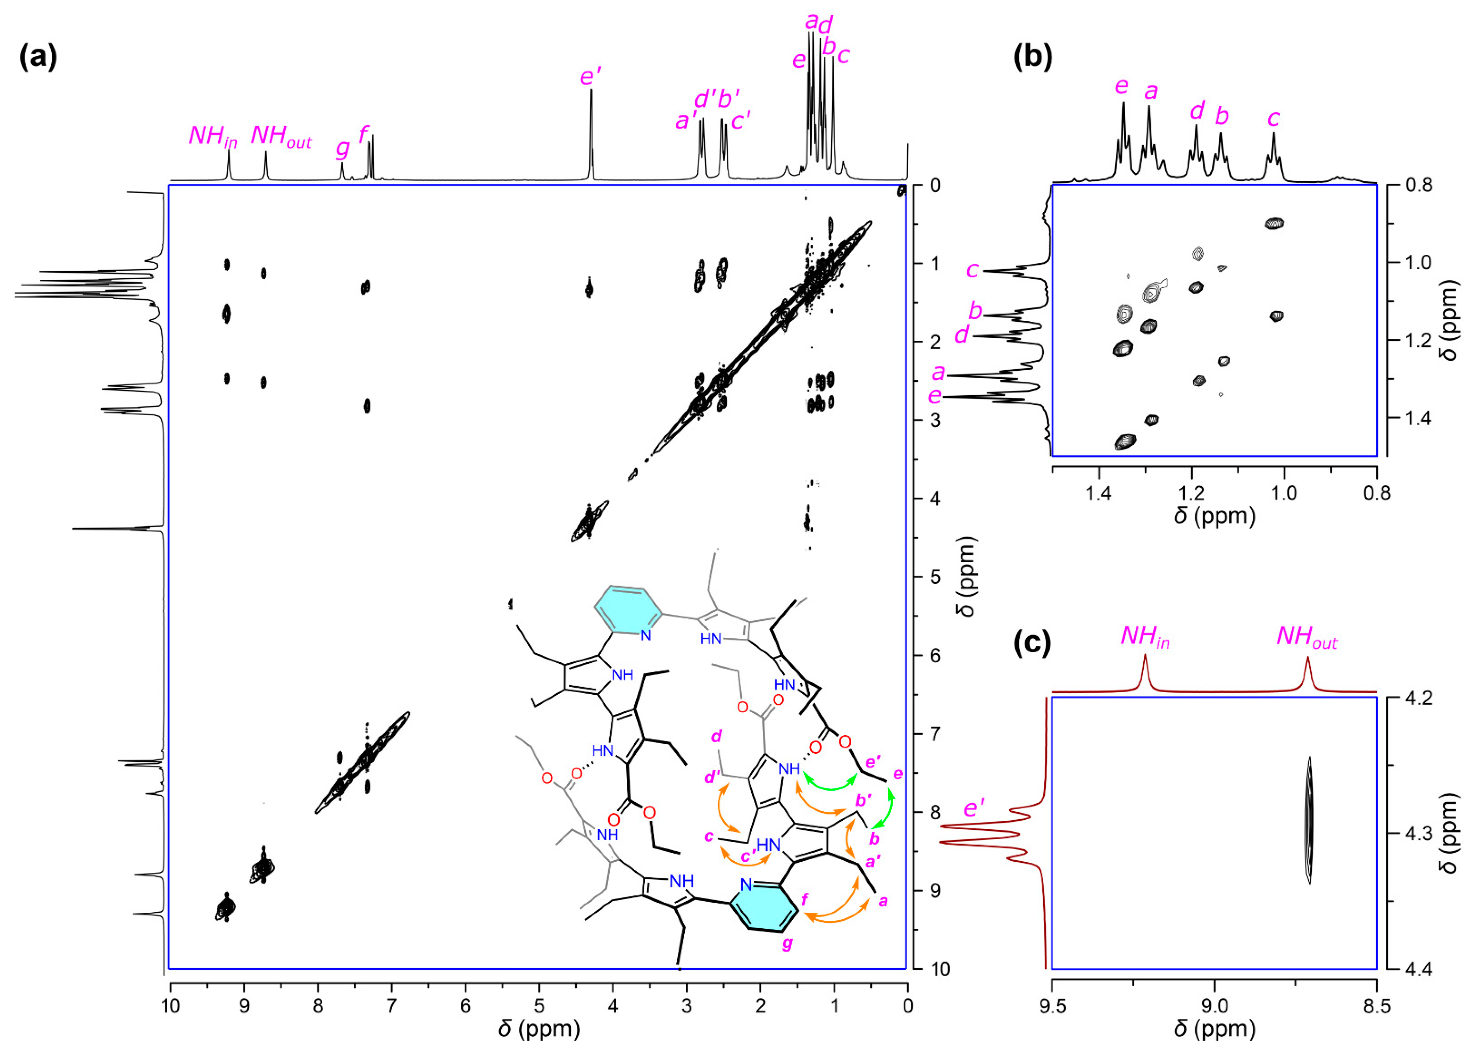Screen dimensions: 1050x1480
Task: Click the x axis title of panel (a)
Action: pos(538,1028)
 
